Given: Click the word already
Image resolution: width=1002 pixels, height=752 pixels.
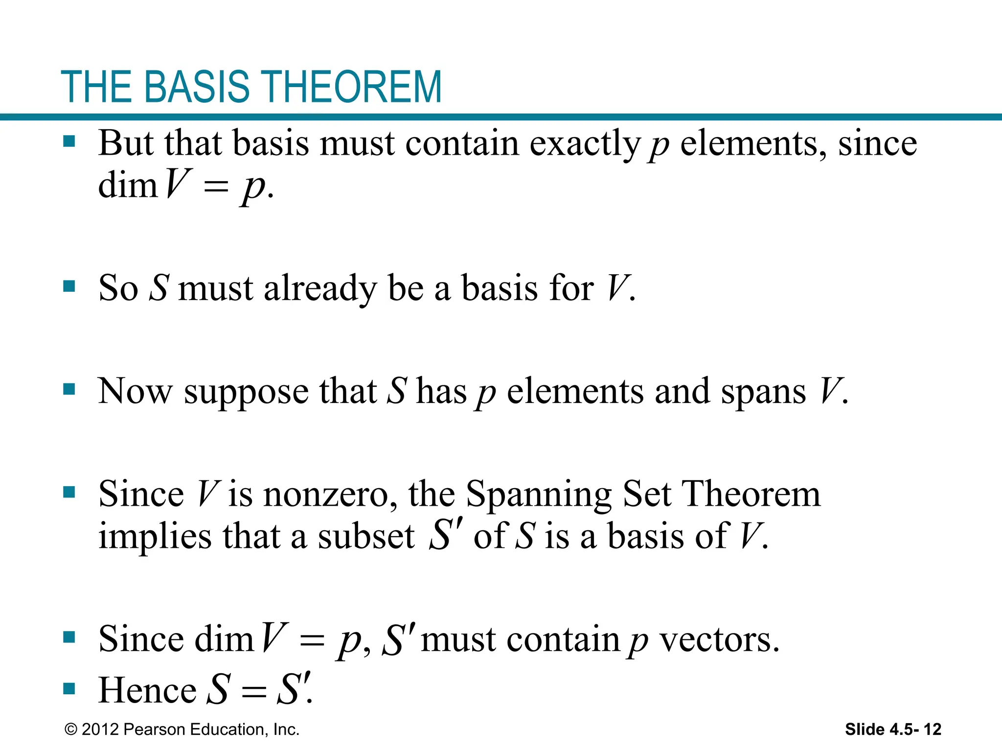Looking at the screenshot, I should pyautogui.click(x=320, y=288).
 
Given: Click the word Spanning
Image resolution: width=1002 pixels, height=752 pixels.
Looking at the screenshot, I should pyautogui.click(x=538, y=495).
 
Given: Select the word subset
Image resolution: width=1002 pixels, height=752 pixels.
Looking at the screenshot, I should pyautogui.click(x=366, y=537).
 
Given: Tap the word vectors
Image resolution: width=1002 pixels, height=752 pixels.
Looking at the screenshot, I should pyautogui.click(x=719, y=639).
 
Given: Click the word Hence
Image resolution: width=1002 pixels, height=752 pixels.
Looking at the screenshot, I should pyautogui.click(x=147, y=690).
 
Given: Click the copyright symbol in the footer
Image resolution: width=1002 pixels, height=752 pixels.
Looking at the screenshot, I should pyautogui.click(x=71, y=729).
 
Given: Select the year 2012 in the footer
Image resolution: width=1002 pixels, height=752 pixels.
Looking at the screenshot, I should pyautogui.click(x=100, y=729).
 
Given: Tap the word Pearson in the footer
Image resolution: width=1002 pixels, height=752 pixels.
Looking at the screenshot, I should pyautogui.click(x=154, y=729).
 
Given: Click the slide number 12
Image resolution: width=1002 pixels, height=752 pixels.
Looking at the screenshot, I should pyautogui.click(x=932, y=729).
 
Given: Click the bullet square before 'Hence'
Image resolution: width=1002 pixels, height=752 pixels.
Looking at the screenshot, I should pyautogui.click(x=69, y=689).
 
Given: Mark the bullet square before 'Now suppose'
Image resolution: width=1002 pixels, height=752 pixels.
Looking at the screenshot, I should pyautogui.click(x=69, y=390).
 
